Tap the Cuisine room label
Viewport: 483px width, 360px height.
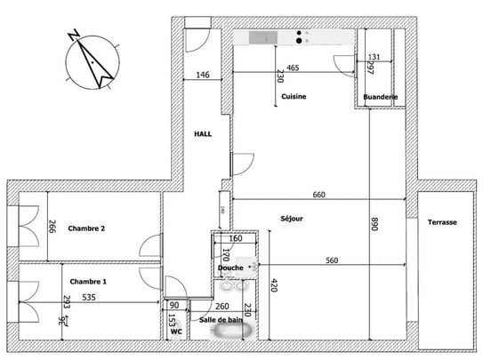coord(294,96)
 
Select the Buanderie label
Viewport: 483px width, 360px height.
coord(380,96)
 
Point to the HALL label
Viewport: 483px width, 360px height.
coord(204,134)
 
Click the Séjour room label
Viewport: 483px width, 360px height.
coord(292,220)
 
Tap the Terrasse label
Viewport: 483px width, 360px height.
coord(441,222)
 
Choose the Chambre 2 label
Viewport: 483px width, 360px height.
coord(88,228)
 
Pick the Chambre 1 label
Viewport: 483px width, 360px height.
coord(88,282)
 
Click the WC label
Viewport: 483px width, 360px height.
coord(176,332)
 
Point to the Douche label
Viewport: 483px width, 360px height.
coord(230,268)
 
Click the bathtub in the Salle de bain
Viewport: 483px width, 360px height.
coord(230,332)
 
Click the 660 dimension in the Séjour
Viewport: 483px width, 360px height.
coord(319,195)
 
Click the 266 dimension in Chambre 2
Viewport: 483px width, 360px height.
coord(52,228)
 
